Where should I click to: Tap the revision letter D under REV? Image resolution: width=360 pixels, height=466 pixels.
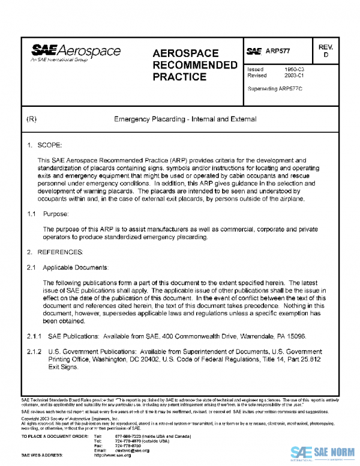pos(326,55)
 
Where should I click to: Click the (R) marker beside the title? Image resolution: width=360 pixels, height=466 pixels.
pos(32,119)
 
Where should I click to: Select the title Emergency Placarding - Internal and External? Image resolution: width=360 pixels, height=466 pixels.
pos(185,119)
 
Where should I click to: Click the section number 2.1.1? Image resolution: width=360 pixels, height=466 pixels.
pos(34,336)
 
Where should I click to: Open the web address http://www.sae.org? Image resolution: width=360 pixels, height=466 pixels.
pos(112,455)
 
